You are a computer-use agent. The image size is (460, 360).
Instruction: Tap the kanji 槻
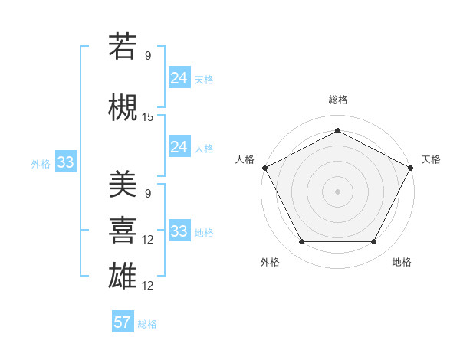click(x=123, y=108)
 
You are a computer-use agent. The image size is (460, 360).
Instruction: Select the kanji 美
click(x=123, y=185)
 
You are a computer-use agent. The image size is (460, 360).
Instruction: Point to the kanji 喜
click(x=123, y=229)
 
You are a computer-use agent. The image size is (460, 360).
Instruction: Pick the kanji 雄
click(x=123, y=275)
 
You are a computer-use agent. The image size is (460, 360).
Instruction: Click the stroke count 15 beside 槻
click(x=148, y=116)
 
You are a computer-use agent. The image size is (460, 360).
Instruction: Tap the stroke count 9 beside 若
click(x=148, y=55)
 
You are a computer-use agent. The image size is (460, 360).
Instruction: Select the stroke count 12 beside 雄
click(x=148, y=286)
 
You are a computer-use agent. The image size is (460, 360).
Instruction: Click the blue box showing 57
click(x=123, y=322)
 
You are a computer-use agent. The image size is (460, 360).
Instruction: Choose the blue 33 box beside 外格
click(x=66, y=162)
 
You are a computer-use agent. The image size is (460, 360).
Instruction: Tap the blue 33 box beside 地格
click(x=179, y=231)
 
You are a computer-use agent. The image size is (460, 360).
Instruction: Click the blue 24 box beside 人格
click(x=179, y=147)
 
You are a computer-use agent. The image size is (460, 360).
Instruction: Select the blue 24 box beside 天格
click(x=179, y=78)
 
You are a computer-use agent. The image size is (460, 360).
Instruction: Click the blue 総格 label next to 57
click(x=147, y=324)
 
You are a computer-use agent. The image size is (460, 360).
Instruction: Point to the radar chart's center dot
click(x=338, y=191)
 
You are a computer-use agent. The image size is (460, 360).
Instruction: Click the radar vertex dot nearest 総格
click(x=338, y=130)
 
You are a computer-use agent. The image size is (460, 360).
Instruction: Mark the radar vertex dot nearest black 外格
click(x=301, y=242)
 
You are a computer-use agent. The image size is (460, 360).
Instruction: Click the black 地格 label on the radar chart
click(x=402, y=262)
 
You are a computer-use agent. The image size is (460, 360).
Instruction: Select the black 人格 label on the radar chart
click(x=245, y=159)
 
